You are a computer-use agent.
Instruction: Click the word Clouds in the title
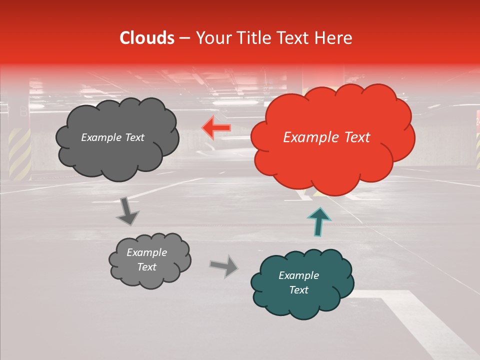click(147, 38)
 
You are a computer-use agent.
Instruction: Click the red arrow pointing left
click(216, 128)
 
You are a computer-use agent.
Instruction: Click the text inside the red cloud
click(326, 137)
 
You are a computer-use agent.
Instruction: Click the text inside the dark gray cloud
click(112, 137)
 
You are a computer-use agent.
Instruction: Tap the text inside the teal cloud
click(298, 282)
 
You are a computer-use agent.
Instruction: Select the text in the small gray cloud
click(146, 260)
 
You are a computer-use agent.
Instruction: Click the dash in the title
click(183, 38)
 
